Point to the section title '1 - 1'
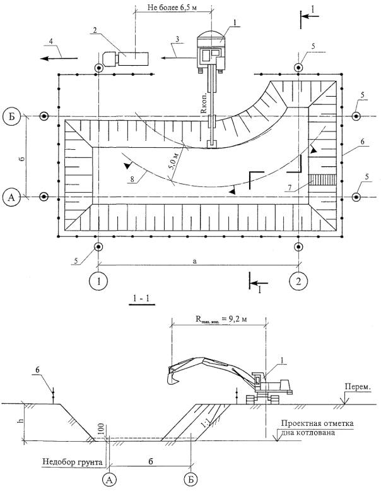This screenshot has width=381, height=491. (x=140, y=296)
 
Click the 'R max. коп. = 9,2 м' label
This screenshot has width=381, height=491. (x=218, y=319)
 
